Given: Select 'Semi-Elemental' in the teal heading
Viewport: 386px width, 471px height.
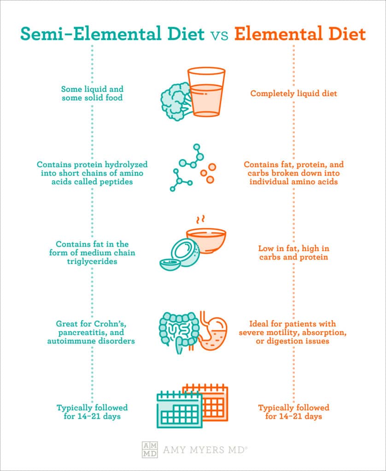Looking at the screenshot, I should pos(85,34).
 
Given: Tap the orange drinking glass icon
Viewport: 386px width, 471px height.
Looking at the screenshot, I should pos(207,92).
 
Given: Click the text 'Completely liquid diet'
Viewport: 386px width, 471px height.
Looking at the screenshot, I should pos(293,94).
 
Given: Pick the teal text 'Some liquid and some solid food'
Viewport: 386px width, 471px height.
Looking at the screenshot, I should pos(92,93).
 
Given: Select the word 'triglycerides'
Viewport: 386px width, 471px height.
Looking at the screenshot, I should pos(92,261).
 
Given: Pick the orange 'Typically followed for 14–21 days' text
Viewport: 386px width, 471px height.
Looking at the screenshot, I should pos(293,412).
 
